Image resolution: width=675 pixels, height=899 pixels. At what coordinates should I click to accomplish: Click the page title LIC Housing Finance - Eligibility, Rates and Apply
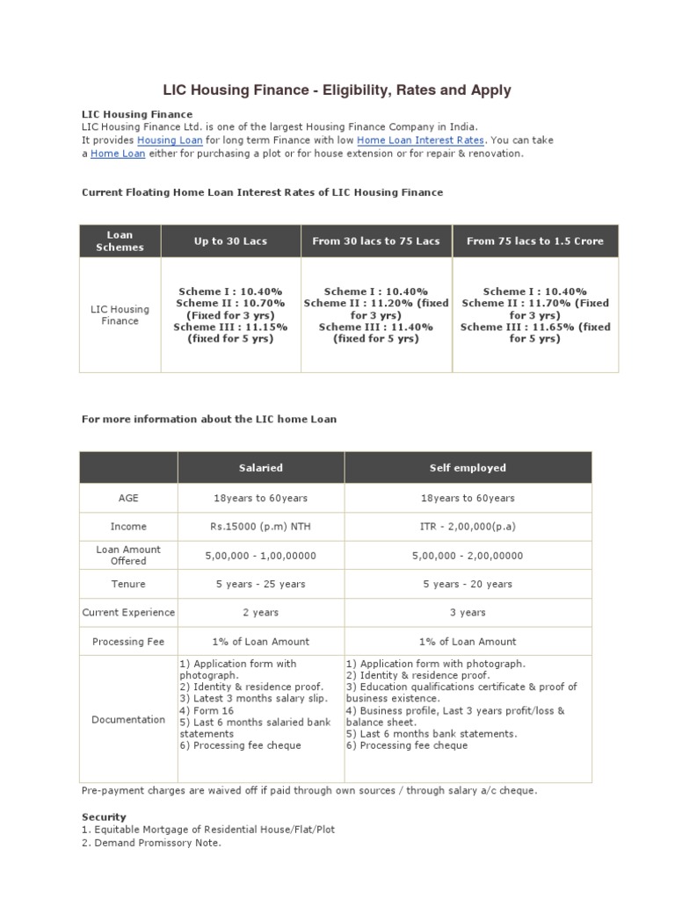coord(337,90)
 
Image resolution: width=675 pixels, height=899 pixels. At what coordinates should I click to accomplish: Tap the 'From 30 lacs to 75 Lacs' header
coord(376,241)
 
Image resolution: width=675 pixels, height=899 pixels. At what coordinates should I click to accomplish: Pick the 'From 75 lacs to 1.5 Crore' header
coord(535,241)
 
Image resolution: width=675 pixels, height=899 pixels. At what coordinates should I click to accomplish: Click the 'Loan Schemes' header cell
coord(120,241)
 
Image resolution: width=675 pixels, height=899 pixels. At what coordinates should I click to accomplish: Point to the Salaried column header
coord(261,468)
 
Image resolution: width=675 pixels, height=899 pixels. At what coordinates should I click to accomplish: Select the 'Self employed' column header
coord(468,468)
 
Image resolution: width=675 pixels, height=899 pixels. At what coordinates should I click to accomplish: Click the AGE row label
coord(128,498)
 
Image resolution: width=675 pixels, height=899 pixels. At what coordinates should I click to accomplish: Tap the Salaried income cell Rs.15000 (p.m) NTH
coord(261,527)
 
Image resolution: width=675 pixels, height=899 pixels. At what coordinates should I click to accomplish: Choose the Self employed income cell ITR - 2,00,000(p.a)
coord(468,527)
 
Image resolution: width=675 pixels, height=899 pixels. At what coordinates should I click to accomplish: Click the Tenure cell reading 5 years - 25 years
coord(261,584)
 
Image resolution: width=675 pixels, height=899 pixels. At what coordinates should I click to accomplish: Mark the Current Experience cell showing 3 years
coord(468,613)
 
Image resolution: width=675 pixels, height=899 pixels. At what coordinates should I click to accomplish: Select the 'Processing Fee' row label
coord(128,642)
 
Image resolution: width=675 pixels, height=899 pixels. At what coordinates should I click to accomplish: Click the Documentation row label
coord(128,720)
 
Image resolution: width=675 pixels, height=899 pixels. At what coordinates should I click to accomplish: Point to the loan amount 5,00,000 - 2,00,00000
coord(468,556)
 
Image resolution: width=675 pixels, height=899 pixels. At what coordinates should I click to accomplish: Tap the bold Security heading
coord(104,816)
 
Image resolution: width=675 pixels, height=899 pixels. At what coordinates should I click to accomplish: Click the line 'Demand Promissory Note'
coord(151,843)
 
